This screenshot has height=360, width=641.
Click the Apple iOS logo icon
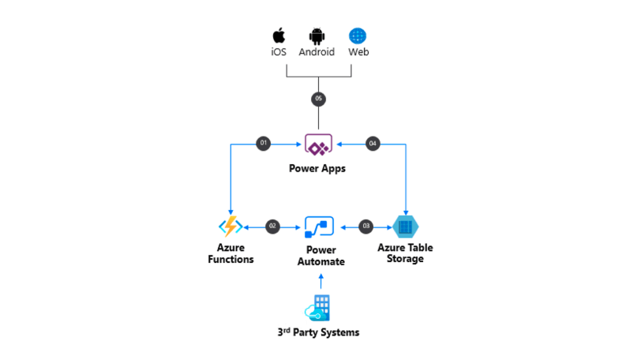[x=278, y=36]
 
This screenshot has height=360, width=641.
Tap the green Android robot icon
[x=317, y=36]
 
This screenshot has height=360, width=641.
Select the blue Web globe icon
[x=358, y=36]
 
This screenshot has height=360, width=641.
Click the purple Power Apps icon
[x=319, y=144]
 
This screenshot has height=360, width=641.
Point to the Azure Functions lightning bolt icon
[x=231, y=227]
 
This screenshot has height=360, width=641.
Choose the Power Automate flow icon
[x=320, y=227]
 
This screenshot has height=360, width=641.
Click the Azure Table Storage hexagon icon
[x=406, y=227]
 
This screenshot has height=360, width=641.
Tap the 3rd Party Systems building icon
[x=319, y=307]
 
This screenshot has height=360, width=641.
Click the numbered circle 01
[x=264, y=143]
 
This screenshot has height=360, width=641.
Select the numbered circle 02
[x=273, y=227]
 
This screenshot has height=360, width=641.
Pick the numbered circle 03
[x=365, y=227]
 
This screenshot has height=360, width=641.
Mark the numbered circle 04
[x=373, y=143]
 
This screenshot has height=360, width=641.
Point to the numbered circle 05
[x=318, y=99]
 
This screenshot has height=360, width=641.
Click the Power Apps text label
[x=319, y=168]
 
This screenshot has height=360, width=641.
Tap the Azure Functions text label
[x=231, y=253]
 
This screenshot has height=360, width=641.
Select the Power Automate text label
[x=320, y=256]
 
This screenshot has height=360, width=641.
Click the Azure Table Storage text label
[x=405, y=253]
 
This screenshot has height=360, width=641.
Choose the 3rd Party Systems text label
[x=320, y=332]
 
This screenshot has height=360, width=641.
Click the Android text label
[x=317, y=52]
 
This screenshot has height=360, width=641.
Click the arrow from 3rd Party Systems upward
[x=320, y=281]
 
